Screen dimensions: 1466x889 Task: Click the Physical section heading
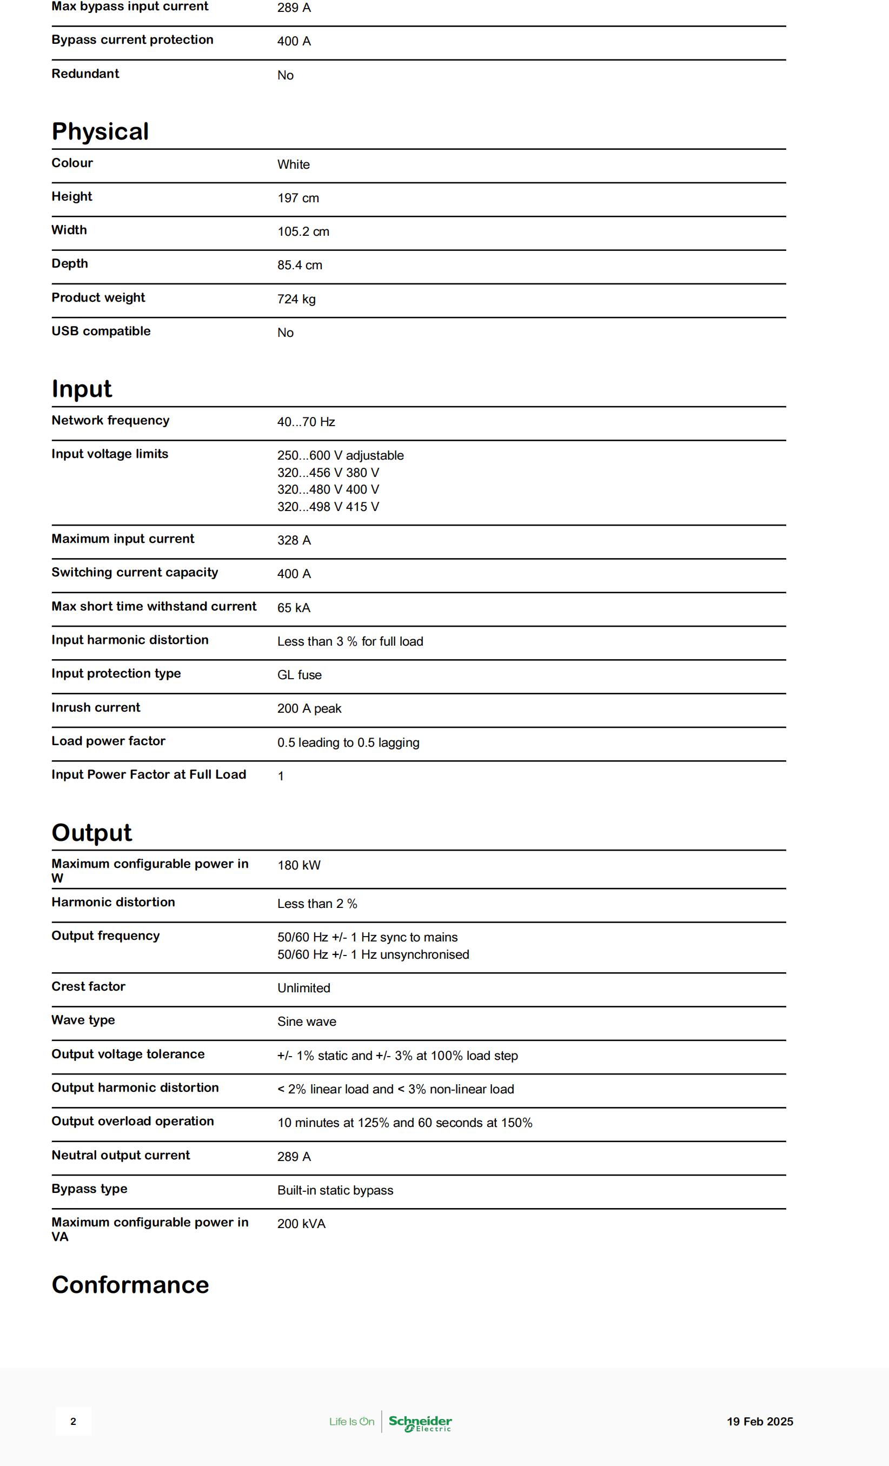click(x=100, y=131)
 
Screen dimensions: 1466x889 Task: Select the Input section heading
click(x=82, y=389)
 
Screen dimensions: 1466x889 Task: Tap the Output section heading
click(x=91, y=832)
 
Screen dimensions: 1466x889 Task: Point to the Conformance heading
click(x=130, y=1284)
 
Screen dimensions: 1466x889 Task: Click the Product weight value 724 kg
click(x=296, y=299)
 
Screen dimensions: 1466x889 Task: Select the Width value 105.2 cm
click(x=303, y=231)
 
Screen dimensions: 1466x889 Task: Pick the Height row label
click(x=71, y=196)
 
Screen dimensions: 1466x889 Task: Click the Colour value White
click(x=293, y=165)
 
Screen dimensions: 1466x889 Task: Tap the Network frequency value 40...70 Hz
click(x=306, y=422)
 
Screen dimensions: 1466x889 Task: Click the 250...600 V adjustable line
click(x=340, y=456)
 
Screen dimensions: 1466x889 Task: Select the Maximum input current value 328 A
click(x=294, y=540)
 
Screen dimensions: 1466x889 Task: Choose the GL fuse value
click(x=300, y=675)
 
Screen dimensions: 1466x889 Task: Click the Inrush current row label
click(x=96, y=707)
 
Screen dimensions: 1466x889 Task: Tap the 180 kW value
click(x=298, y=866)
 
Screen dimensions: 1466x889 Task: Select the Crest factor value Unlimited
click(x=303, y=989)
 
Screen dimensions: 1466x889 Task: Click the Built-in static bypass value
click(x=335, y=1191)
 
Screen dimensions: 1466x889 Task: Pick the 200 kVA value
click(x=301, y=1224)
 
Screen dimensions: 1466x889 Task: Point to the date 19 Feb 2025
click(x=760, y=1421)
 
